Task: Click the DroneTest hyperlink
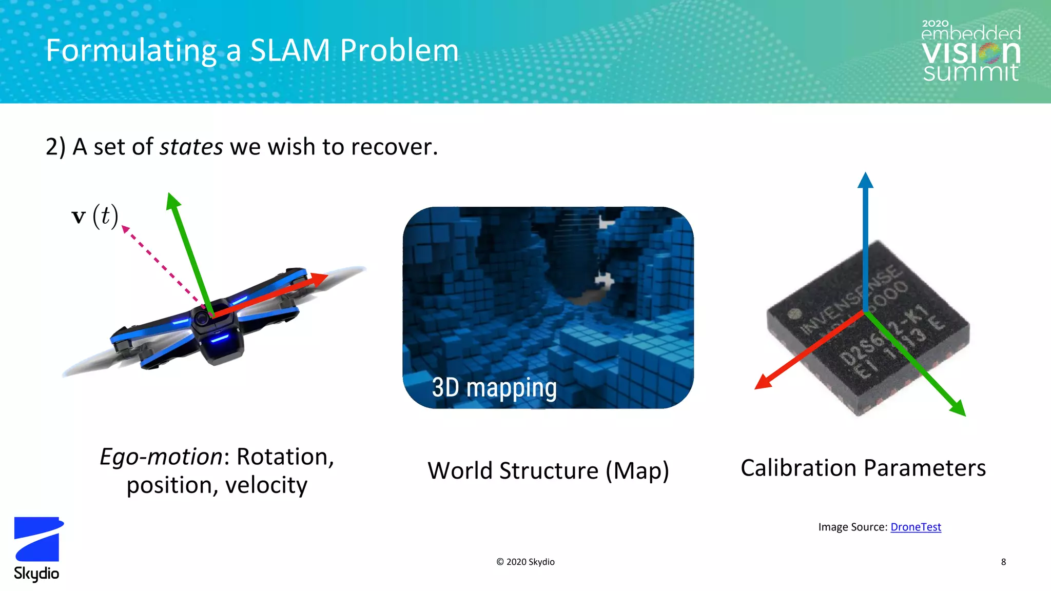(916, 527)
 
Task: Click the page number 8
(1003, 562)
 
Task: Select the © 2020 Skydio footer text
(525, 562)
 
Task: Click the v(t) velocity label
(95, 215)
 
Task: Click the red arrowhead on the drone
(319, 279)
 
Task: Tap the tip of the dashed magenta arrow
(125, 228)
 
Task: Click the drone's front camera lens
(202, 319)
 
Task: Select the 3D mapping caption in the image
(494, 387)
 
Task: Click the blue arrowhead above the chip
(865, 181)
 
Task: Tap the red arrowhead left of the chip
(763, 382)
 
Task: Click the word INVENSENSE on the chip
(852, 300)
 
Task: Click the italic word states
(191, 147)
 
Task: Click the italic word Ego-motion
(161, 456)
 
